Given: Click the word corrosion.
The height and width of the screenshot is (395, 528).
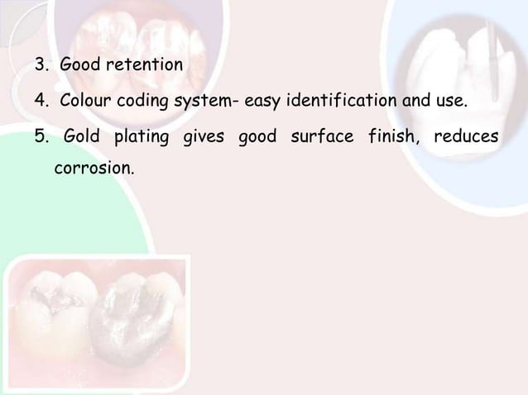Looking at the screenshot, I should click(x=93, y=169).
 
